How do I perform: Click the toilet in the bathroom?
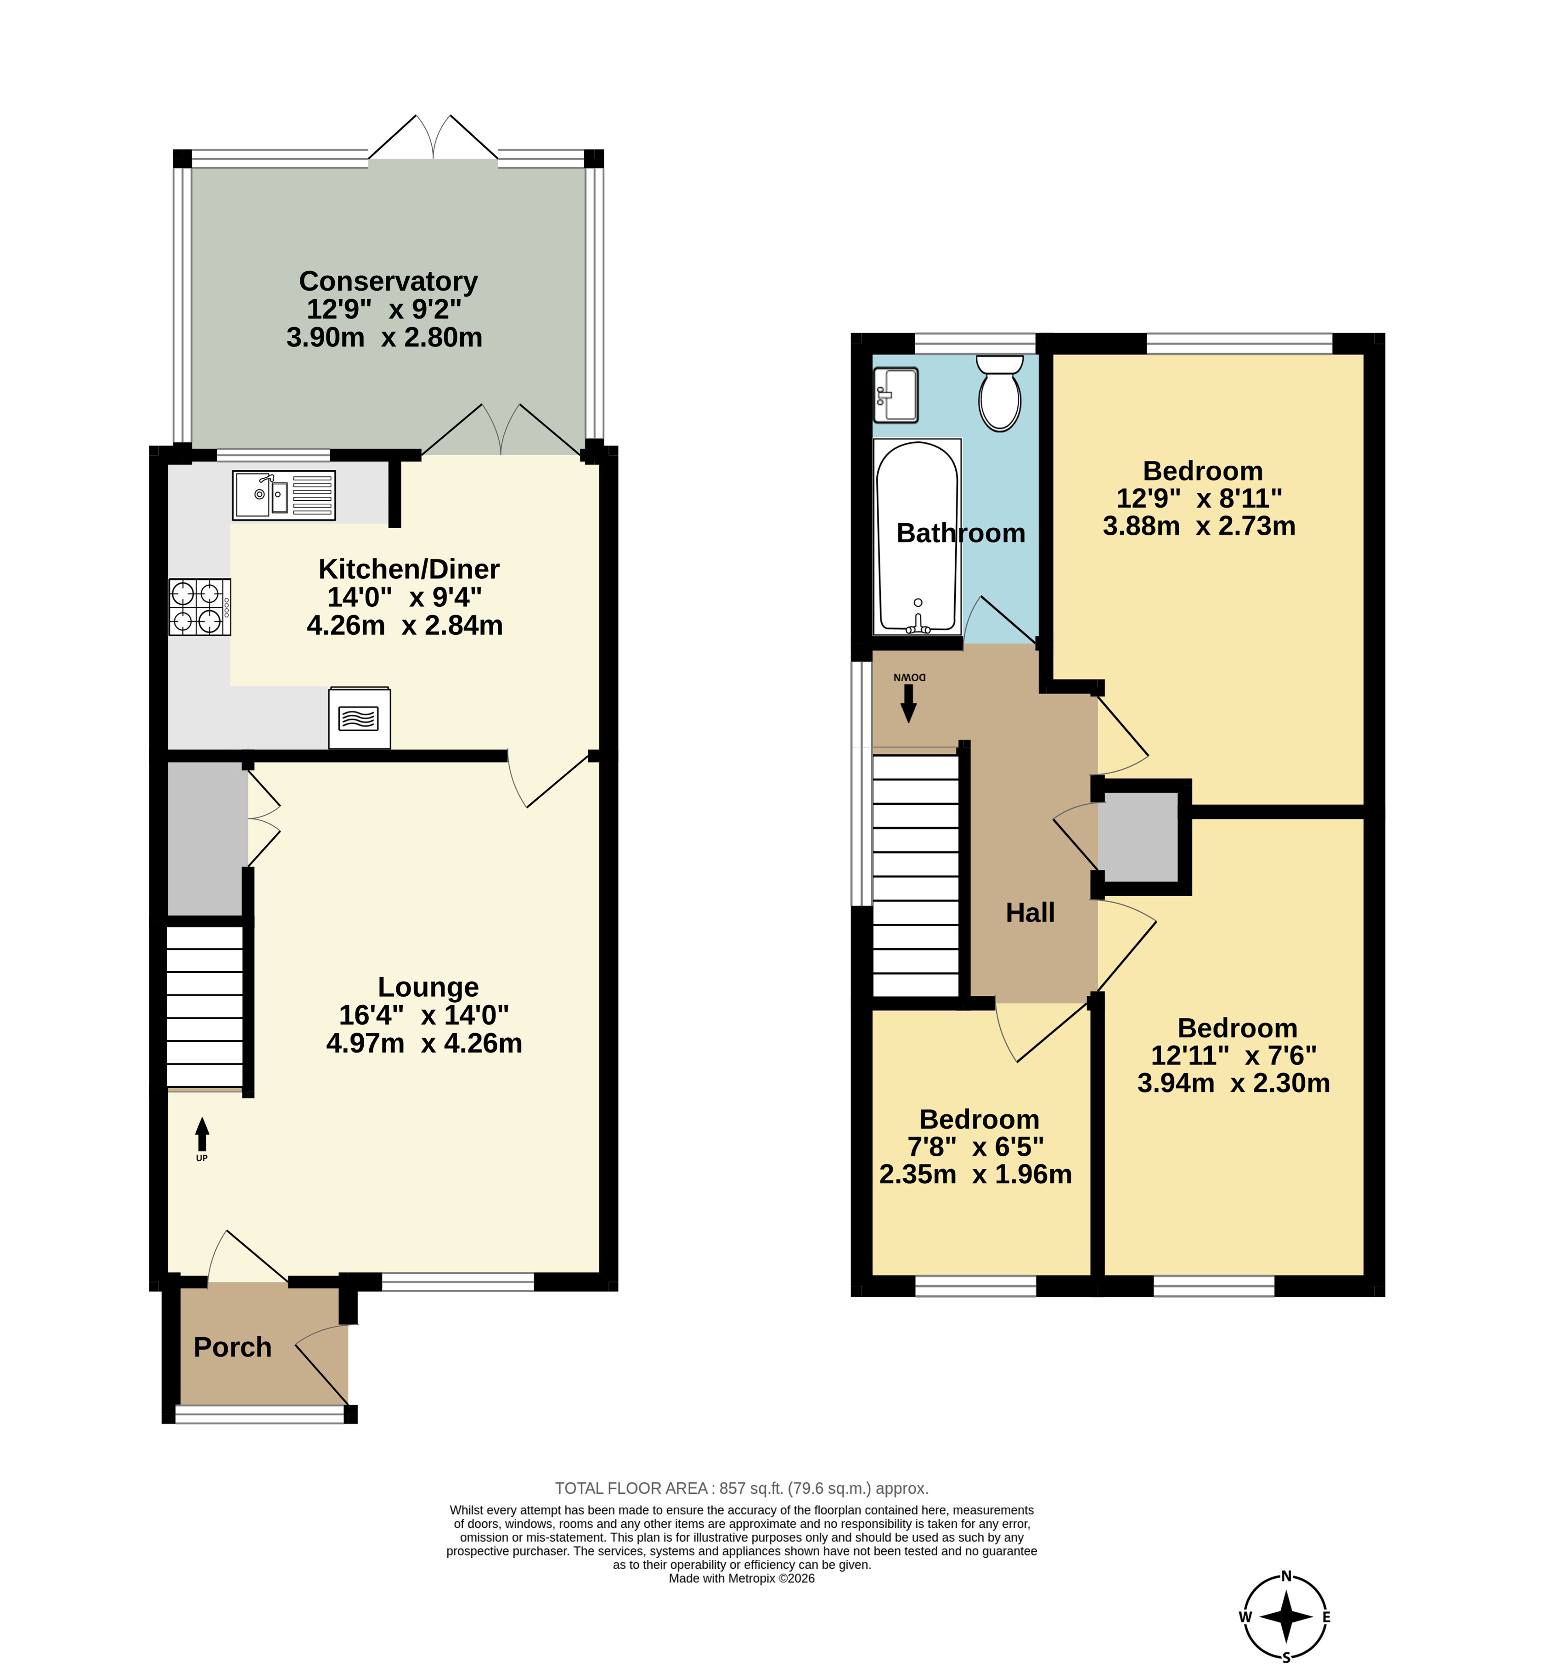point(1000,393)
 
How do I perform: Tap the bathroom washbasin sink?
point(896,395)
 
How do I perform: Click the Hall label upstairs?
point(1030,912)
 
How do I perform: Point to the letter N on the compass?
point(1286,1576)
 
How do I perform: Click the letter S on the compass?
point(1286,1658)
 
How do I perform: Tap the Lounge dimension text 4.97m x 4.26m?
point(424,1043)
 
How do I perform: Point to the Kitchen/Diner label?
point(408,569)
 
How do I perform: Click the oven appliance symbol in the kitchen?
point(359,718)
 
